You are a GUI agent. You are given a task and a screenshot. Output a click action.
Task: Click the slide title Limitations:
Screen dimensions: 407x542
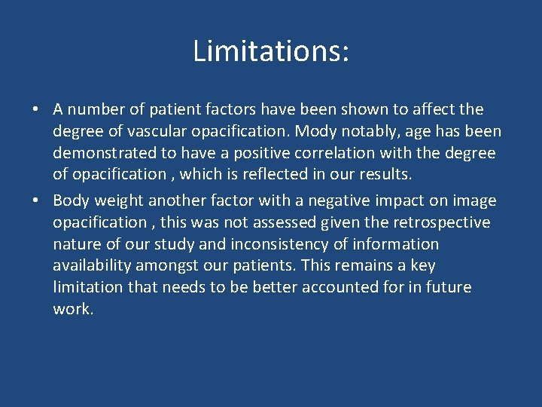coord(271,51)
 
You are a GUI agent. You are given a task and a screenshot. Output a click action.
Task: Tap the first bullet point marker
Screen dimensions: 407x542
coord(35,110)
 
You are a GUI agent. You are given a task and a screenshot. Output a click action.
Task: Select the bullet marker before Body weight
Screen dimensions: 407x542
coord(35,201)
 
